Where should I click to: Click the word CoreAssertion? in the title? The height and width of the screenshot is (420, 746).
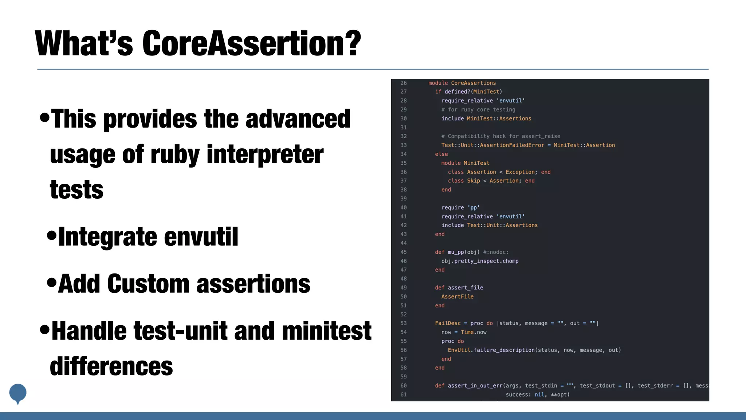click(x=251, y=44)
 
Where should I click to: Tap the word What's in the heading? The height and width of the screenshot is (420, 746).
click(x=84, y=44)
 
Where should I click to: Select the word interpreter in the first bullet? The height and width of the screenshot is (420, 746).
click(x=265, y=155)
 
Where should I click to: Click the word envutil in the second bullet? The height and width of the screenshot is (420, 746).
click(x=201, y=237)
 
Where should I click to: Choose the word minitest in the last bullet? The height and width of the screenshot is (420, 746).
click(x=326, y=331)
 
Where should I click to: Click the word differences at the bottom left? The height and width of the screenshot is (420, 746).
click(x=111, y=366)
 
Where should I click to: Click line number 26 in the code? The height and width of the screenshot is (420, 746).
click(x=404, y=83)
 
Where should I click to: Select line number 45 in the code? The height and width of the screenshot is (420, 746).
click(x=404, y=252)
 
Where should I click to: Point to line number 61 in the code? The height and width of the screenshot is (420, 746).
click(x=404, y=394)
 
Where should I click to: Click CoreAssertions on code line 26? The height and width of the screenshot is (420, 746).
click(x=473, y=83)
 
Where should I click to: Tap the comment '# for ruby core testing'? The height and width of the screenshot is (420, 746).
click(x=478, y=110)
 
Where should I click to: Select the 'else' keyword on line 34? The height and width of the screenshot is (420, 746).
click(x=441, y=154)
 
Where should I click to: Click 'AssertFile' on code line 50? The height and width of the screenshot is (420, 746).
click(x=457, y=297)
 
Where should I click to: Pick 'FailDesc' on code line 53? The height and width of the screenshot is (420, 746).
click(x=448, y=323)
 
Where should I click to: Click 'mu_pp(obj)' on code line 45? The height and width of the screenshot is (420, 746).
click(x=464, y=252)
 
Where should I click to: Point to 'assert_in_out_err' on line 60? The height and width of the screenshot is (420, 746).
click(x=474, y=386)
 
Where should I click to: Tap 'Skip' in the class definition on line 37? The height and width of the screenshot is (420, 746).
click(x=474, y=181)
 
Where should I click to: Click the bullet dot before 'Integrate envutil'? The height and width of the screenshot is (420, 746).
click(x=52, y=235)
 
